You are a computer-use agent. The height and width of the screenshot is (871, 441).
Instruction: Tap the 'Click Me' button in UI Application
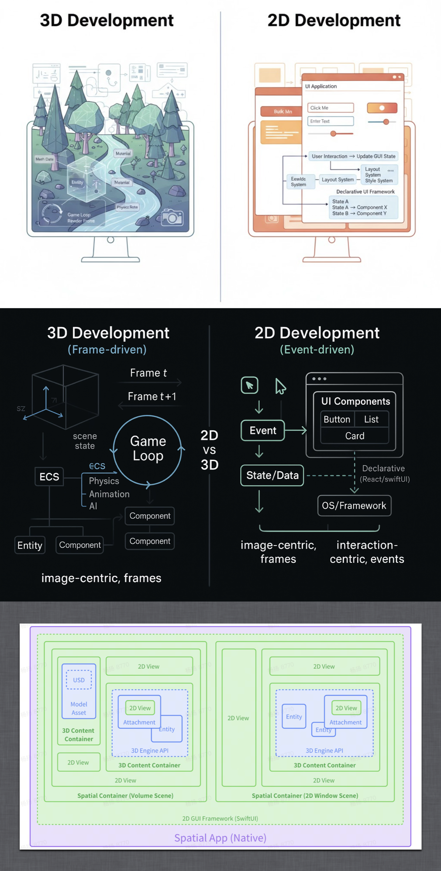(x=330, y=108)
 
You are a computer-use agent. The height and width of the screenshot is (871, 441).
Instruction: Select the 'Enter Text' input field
(x=330, y=121)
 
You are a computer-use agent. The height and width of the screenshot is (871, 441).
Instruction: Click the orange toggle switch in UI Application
(x=382, y=108)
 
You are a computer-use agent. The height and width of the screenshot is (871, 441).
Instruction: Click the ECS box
(x=49, y=477)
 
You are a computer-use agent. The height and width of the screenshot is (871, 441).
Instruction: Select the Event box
(x=263, y=430)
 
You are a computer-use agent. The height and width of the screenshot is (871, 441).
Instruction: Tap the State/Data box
(x=272, y=475)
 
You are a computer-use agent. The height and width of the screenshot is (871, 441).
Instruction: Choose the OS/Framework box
(x=354, y=506)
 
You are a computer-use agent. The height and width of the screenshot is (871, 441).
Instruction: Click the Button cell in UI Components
(x=337, y=419)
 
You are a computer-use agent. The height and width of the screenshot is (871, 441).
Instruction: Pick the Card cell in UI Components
(x=355, y=436)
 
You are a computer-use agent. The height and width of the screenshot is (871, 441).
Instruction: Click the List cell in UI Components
(x=371, y=419)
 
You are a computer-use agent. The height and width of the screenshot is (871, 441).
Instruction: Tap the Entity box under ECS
(x=30, y=545)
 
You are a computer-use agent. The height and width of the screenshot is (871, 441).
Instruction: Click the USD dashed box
(x=79, y=680)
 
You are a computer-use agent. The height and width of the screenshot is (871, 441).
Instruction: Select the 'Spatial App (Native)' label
(x=220, y=837)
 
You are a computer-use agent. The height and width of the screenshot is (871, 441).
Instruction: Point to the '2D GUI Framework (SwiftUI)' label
(x=220, y=818)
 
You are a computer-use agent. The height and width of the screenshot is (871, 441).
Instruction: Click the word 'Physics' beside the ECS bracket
(x=104, y=481)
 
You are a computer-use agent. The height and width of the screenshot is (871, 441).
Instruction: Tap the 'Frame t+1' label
(x=152, y=396)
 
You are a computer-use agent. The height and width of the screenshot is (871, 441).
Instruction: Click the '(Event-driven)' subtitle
(x=317, y=349)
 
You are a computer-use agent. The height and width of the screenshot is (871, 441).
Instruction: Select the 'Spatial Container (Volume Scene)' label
(x=125, y=795)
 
